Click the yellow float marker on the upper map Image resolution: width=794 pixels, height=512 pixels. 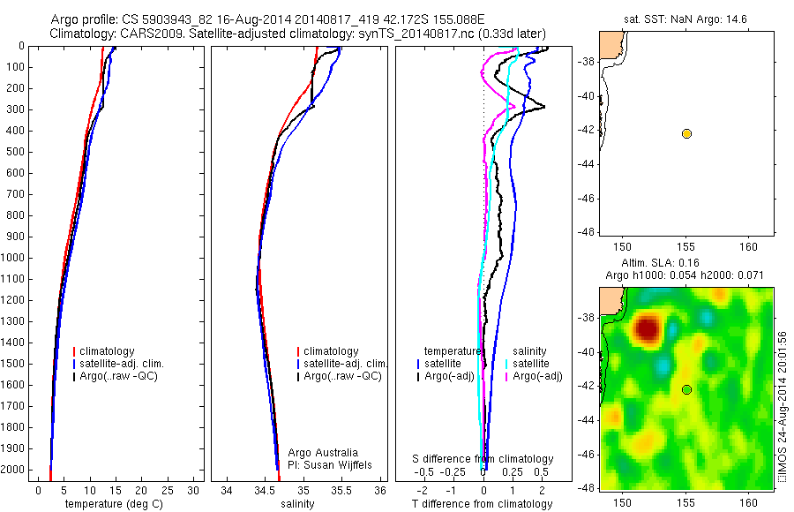[x=686, y=133]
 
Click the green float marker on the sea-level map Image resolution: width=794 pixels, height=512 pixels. [x=686, y=389]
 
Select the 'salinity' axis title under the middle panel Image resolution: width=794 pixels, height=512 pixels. [x=298, y=504]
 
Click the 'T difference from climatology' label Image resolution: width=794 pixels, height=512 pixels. [x=482, y=504]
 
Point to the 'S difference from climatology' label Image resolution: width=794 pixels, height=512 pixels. [x=483, y=459]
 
